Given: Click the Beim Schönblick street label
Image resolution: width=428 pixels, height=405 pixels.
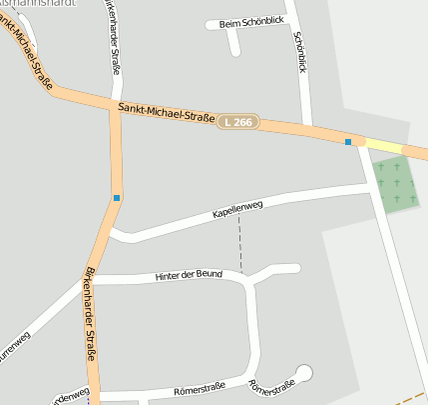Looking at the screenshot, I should coord(237,24).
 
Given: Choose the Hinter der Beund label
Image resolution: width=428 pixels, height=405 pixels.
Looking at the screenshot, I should coord(189,274).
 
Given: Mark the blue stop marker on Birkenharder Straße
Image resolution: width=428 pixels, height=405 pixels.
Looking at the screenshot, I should coord(117,198).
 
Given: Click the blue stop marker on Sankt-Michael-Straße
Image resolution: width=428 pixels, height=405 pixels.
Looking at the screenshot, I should coord(348,142).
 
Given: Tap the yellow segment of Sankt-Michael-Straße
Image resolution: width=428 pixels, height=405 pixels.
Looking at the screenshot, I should coord(383,146).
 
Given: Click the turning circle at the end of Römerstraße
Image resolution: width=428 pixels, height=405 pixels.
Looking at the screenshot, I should coord(304,373).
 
